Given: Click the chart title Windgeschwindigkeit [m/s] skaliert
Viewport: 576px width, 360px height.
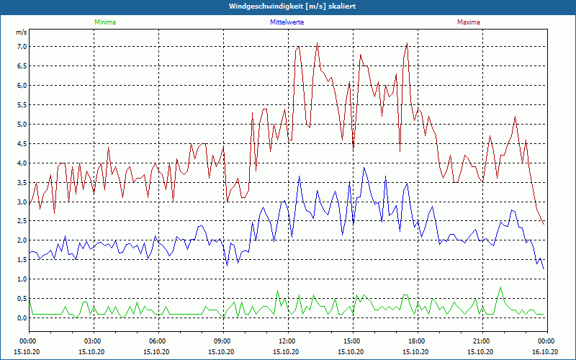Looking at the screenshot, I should [x=288, y=6].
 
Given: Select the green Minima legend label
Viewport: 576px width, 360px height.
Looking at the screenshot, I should [x=104, y=22].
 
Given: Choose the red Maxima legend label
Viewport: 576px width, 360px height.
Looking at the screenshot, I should [x=468, y=22].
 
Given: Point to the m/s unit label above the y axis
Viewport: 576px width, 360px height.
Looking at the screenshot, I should [x=22, y=32].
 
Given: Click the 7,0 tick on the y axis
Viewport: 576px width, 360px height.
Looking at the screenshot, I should [x=22, y=47].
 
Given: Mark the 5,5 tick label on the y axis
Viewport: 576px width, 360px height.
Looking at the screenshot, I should [x=22, y=105].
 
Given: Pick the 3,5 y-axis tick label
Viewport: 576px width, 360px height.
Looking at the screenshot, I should [x=22, y=183].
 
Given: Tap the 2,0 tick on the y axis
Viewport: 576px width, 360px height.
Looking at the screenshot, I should [x=22, y=240].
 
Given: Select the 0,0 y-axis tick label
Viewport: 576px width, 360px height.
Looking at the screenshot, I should [x=22, y=318].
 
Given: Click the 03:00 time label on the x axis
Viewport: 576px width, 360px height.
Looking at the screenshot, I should [x=93, y=341].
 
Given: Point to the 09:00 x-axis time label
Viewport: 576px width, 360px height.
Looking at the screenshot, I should [x=222, y=341].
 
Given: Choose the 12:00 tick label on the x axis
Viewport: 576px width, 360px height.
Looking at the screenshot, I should [x=287, y=341].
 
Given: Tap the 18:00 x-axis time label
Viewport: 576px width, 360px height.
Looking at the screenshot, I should [x=417, y=341].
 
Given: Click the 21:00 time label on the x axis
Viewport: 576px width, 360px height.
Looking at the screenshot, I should [x=482, y=341].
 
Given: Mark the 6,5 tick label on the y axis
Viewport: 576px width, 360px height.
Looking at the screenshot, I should [x=22, y=66].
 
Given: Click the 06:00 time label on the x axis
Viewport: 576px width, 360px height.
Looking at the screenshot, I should [x=158, y=341].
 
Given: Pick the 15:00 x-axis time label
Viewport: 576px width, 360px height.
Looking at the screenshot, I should [x=352, y=341].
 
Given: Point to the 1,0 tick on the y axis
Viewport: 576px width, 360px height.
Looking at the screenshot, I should [x=22, y=279].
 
